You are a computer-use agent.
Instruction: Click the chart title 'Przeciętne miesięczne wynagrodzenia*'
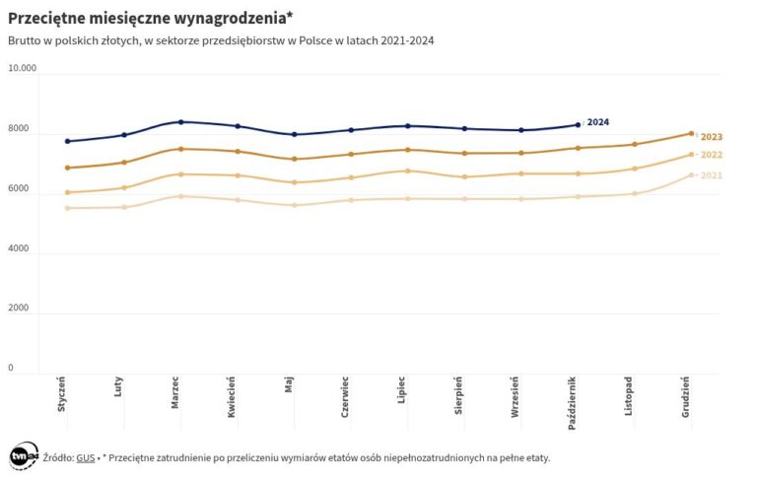(x=151, y=18)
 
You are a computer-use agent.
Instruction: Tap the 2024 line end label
(x=597, y=122)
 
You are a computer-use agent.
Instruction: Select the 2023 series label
(x=712, y=137)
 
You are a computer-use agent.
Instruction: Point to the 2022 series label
(x=712, y=155)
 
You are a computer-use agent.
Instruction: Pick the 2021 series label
(x=712, y=175)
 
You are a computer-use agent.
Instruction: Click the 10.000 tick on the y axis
(x=22, y=69)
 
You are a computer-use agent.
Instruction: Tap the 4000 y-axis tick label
(x=19, y=248)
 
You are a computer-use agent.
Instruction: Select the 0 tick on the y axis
(x=11, y=369)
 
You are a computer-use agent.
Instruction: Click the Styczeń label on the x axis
(x=62, y=398)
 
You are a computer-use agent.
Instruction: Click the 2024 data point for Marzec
(x=180, y=122)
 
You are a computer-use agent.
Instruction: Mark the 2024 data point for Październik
(x=578, y=125)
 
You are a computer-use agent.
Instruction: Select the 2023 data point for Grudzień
(x=691, y=133)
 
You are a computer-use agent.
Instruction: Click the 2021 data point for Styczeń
(x=67, y=208)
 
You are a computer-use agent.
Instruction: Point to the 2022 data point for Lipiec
(x=407, y=171)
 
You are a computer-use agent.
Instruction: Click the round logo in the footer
(x=24, y=456)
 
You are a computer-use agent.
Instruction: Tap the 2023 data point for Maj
(x=294, y=159)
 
